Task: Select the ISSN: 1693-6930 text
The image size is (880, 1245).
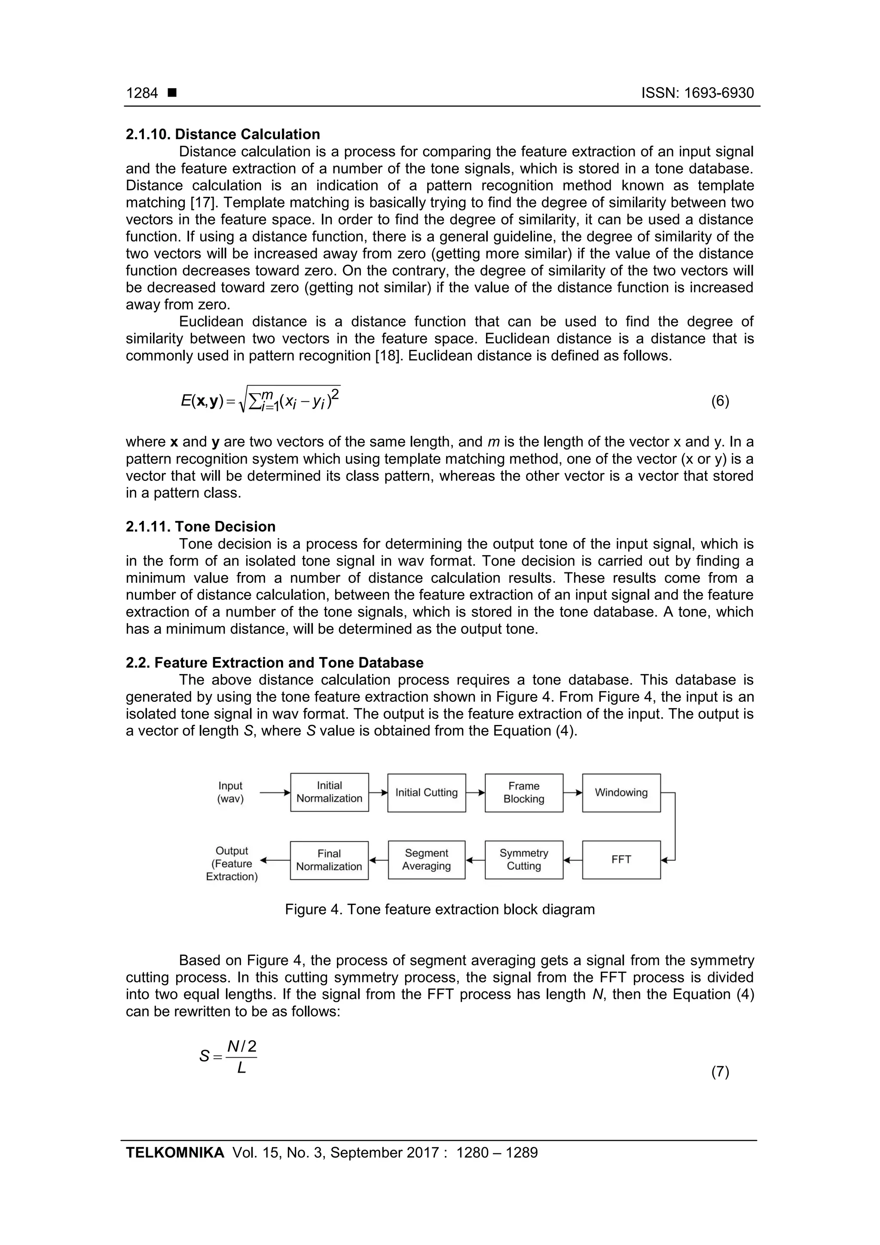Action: point(697,93)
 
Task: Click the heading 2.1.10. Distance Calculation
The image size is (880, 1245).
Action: point(223,135)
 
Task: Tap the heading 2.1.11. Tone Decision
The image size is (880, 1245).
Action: point(201,526)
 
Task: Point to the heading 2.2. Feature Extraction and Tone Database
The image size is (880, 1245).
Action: point(275,663)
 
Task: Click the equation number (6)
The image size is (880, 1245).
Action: point(719,401)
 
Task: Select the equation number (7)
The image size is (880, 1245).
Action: point(719,1071)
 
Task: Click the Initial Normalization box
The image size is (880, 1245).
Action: point(329,792)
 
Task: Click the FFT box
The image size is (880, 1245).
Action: point(621,860)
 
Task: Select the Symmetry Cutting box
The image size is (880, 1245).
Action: point(524,860)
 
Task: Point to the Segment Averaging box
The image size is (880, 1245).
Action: point(426,860)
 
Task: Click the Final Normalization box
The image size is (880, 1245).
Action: point(329,860)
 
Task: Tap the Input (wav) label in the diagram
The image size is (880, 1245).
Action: point(230,792)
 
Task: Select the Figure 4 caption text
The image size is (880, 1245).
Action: point(440,909)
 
